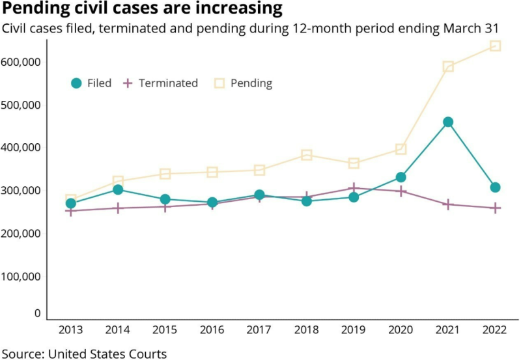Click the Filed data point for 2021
point(448,122)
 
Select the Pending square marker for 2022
point(495,46)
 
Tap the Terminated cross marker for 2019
point(354,187)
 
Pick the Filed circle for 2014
point(118,189)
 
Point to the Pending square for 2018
point(307,155)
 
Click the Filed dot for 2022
point(495,187)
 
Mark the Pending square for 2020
point(401,149)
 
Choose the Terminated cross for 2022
point(495,208)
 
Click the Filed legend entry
point(91,83)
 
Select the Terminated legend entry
point(160,83)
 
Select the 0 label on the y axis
point(37,313)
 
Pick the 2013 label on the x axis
point(70,331)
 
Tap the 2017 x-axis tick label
point(259,331)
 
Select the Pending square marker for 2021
point(448,66)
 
